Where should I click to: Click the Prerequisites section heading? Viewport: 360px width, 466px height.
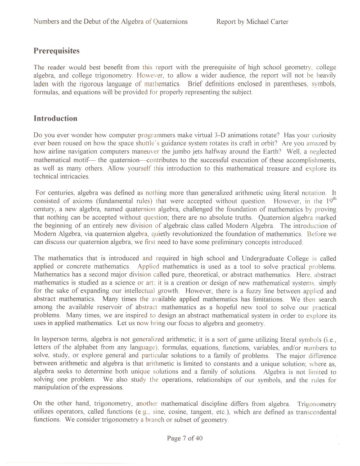[x=57, y=51]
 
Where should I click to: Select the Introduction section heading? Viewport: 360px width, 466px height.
[x=55, y=119]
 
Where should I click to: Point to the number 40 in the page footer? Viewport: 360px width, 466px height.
[x=198, y=439]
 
